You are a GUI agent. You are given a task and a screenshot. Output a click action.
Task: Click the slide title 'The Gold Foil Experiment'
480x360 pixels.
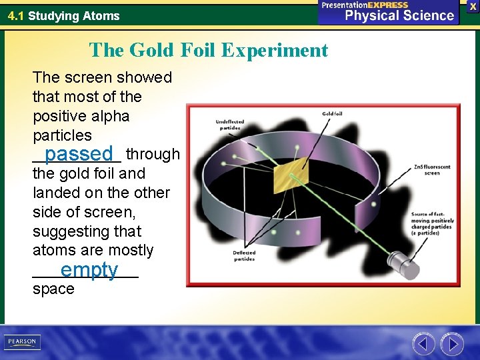[x=209, y=50]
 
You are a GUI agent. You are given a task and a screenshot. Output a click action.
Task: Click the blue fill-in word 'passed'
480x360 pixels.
[x=79, y=154]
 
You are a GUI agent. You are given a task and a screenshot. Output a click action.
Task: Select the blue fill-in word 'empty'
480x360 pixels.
[x=89, y=270]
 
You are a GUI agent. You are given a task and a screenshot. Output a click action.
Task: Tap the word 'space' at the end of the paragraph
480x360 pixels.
[x=53, y=289]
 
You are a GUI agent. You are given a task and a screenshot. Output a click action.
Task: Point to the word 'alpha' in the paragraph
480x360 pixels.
[x=111, y=116]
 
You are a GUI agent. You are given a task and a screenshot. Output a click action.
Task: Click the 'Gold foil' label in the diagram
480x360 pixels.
[x=332, y=114]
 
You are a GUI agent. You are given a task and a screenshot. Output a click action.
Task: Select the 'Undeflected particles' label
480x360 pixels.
[x=230, y=125]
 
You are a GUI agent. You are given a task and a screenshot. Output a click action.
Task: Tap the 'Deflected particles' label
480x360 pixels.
[x=243, y=256]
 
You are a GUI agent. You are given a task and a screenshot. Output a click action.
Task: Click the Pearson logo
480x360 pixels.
[x=22, y=341]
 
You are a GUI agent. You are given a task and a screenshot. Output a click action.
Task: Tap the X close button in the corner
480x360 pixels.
[x=473, y=6]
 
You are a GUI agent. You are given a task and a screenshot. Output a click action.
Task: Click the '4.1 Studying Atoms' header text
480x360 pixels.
[x=63, y=15]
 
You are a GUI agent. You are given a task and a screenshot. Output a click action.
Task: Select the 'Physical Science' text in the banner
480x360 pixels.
[x=399, y=16]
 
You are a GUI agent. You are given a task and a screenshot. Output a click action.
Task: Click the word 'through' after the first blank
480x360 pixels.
[x=153, y=155]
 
